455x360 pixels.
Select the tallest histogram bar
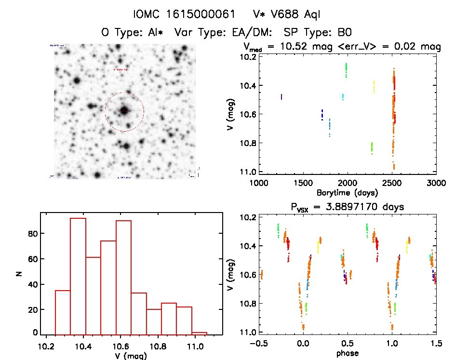(x=78, y=276)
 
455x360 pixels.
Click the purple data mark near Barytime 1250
(x=281, y=97)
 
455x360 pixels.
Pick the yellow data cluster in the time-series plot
(x=374, y=87)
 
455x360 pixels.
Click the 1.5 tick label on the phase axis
(x=435, y=344)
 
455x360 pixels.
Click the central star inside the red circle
(x=124, y=111)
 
